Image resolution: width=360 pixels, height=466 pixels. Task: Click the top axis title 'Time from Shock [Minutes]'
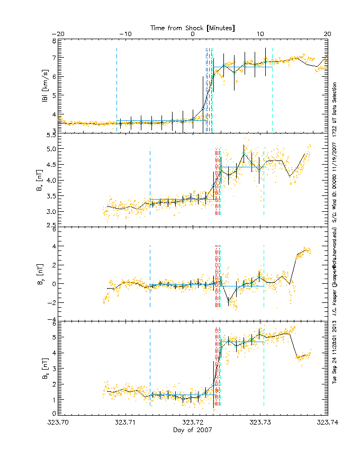[x=193, y=27]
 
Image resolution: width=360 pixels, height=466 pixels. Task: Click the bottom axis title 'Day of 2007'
[x=193, y=431]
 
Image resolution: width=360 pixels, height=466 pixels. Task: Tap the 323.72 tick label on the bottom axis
[x=193, y=423]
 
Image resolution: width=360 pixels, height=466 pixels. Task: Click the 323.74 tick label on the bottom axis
[x=327, y=423]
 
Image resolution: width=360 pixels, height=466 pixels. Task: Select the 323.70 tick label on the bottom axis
[x=58, y=423]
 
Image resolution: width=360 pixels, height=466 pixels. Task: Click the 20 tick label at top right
[x=327, y=34]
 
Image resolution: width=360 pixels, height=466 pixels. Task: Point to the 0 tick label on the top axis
[x=193, y=34]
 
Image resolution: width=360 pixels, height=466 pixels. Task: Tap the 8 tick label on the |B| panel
[x=53, y=41]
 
